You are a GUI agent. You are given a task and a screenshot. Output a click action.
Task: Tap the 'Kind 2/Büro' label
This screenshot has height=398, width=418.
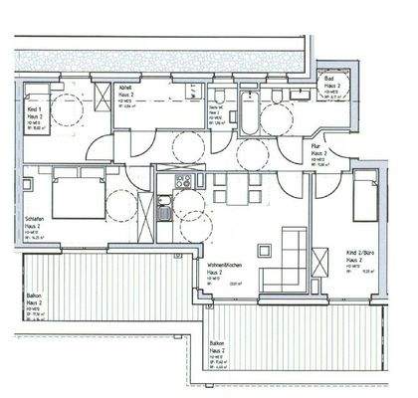[356, 253]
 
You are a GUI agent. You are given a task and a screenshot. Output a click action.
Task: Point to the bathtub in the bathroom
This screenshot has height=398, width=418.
[245, 113]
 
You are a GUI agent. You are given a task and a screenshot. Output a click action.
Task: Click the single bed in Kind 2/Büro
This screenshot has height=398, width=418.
[366, 196]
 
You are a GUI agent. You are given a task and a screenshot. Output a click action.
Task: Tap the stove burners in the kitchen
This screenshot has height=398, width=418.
[182, 181]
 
